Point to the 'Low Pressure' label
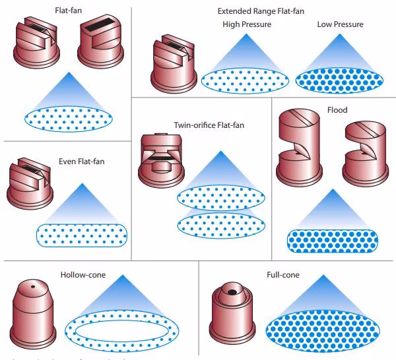(340, 24)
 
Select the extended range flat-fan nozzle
(174, 65)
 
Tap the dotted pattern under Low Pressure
(340, 80)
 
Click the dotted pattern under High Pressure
(245, 80)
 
